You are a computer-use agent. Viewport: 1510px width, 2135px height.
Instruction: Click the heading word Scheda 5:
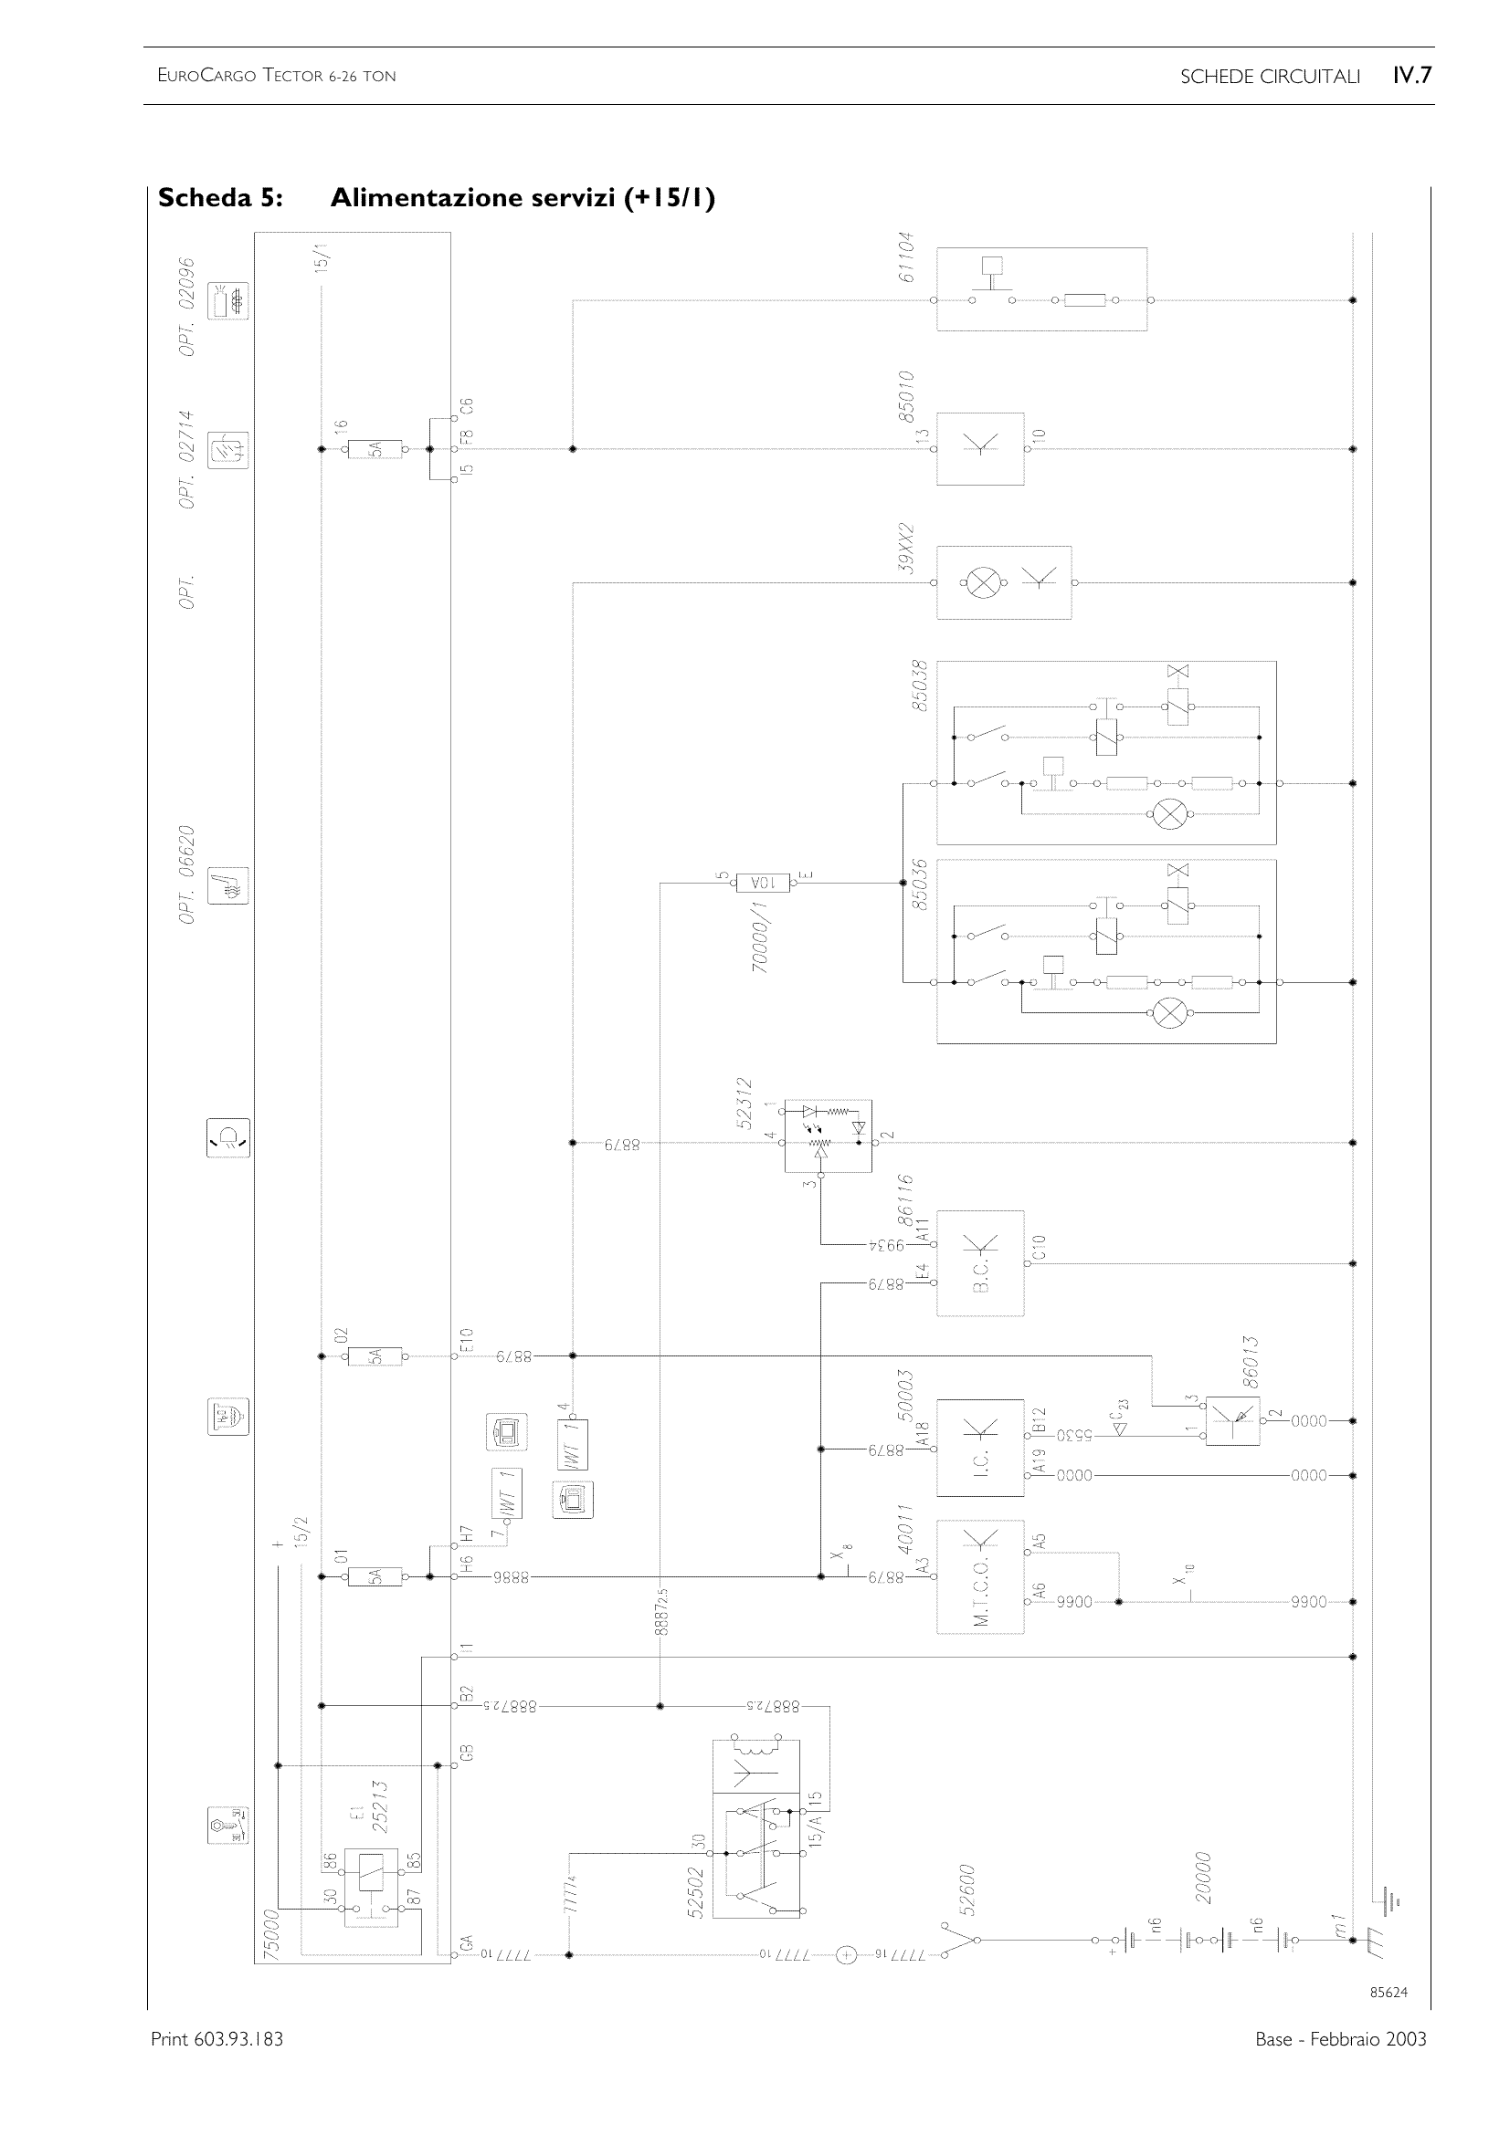pos(219,198)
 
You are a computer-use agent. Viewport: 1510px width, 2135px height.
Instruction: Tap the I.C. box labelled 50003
pos(979,1448)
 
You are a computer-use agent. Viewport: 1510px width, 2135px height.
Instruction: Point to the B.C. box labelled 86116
pos(979,1262)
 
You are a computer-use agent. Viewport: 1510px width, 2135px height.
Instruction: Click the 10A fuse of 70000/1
pos(762,883)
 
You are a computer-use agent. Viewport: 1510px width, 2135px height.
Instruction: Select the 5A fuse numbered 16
pos(375,449)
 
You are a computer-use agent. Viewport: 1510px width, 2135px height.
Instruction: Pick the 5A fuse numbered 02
pos(375,1355)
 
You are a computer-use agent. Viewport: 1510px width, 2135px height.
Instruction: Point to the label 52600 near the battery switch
pos(966,1889)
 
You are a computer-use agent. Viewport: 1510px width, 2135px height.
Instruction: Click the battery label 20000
pos(1203,1879)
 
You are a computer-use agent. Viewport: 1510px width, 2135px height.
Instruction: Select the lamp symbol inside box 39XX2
pos(984,583)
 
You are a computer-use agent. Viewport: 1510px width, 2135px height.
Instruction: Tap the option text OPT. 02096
pos(187,307)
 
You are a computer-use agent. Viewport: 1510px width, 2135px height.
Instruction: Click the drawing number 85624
pos(1389,1992)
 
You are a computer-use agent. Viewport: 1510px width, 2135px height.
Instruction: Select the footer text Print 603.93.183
pos(216,2039)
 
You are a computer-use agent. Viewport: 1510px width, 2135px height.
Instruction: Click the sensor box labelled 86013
pos(1231,1421)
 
